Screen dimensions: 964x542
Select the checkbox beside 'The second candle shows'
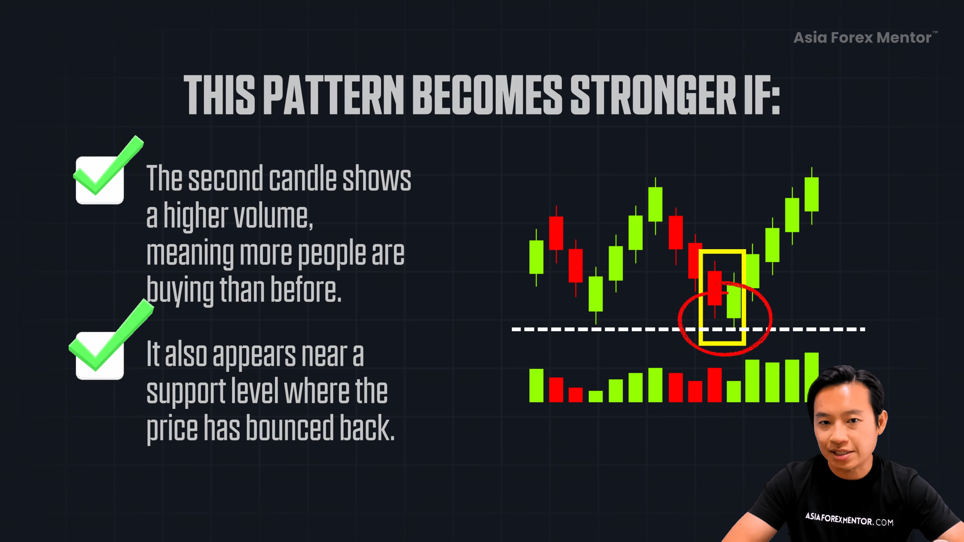(100, 180)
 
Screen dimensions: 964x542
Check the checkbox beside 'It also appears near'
(100, 356)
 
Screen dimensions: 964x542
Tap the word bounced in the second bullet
(290, 428)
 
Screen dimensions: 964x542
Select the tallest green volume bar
(811, 377)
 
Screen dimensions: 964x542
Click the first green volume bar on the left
(536, 385)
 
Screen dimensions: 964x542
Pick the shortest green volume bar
(596, 396)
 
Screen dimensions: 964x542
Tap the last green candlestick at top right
(811, 194)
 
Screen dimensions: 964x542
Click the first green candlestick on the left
(536, 257)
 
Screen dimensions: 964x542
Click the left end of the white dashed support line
(512, 329)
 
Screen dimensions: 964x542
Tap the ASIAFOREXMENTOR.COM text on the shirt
(849, 519)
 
